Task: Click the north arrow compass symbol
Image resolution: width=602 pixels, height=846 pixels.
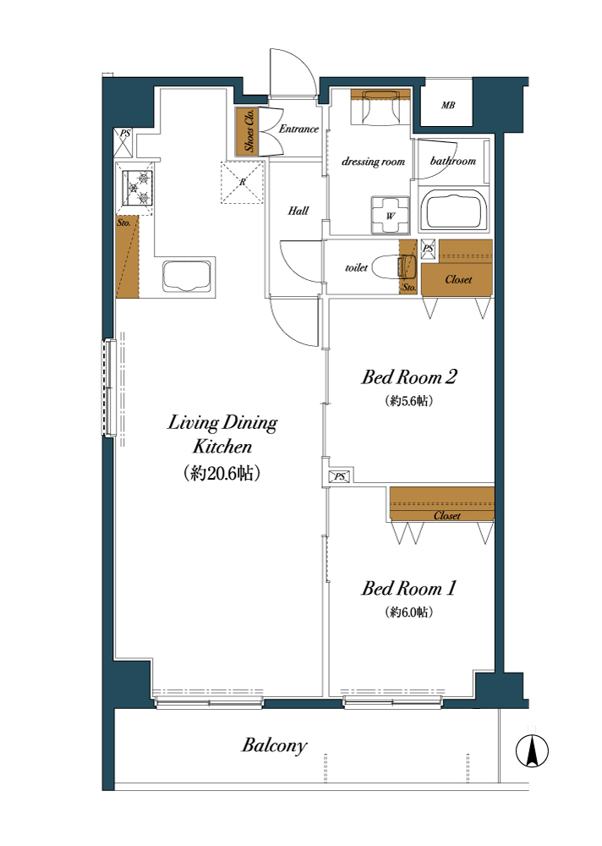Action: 532,750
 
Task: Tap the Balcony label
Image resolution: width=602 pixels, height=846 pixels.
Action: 275,745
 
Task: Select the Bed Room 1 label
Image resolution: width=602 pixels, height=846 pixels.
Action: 409,588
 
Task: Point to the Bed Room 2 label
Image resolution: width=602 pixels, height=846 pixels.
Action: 409,376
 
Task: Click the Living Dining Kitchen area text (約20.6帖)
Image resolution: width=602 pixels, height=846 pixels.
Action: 222,473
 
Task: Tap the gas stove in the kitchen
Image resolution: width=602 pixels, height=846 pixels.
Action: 137,187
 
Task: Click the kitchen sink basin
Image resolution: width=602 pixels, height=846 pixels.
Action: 187,277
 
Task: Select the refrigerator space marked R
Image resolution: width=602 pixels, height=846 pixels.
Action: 242,183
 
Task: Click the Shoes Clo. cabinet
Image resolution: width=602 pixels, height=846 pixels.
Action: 248,131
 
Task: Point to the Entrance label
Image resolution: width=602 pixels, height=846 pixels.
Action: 298,129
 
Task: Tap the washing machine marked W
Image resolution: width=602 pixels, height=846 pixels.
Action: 390,215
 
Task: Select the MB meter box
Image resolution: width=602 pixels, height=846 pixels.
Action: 448,105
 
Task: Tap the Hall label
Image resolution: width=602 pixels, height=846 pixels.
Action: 298,211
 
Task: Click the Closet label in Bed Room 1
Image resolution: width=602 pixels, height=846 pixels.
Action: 447,516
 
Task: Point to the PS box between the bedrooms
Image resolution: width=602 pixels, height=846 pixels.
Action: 339,476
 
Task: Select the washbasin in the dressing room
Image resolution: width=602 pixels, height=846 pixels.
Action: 380,107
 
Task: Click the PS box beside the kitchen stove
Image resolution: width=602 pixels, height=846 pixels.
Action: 123,143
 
